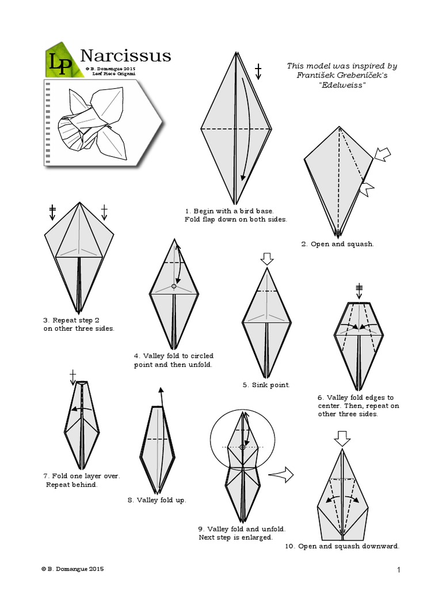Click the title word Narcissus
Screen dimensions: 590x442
tap(125, 55)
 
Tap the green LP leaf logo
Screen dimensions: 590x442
tap(60, 60)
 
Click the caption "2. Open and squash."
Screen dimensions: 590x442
tap(337, 244)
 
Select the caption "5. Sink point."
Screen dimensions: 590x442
tap(266, 384)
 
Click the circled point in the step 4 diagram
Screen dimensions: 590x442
tap(174, 286)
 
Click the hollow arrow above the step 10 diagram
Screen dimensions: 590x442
tap(343, 439)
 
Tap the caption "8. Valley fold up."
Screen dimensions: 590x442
tap(157, 500)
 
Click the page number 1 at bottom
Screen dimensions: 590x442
tap(398, 570)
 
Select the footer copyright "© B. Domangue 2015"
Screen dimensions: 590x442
tap(73, 569)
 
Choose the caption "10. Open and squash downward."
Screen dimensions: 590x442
tap(342, 546)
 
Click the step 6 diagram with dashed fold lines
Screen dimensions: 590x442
tap(359, 344)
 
